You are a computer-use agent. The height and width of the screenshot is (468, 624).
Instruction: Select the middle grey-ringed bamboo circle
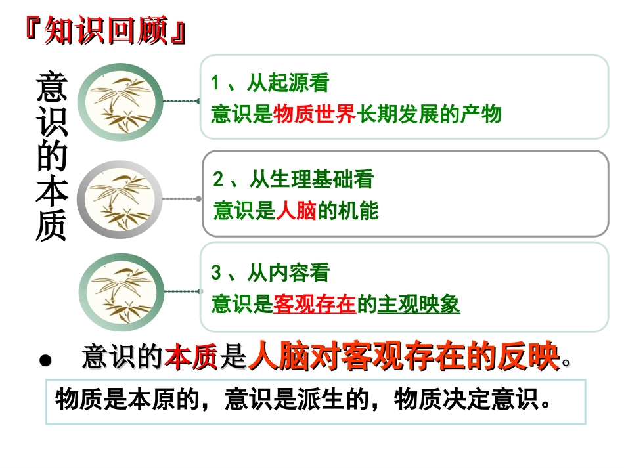click(119, 198)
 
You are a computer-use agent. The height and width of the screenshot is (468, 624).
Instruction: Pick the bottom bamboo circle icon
click(120, 291)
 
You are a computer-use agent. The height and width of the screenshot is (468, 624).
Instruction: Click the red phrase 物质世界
click(314, 114)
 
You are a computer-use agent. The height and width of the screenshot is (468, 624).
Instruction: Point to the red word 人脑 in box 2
click(297, 211)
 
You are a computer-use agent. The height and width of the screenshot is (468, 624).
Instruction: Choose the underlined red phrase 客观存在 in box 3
click(314, 305)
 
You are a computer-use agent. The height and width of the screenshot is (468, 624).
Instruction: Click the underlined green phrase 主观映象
click(419, 305)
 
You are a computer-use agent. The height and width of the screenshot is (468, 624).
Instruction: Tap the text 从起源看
click(288, 83)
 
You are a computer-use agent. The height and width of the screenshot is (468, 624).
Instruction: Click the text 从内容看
click(288, 273)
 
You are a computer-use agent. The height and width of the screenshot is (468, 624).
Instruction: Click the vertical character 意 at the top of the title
click(51, 86)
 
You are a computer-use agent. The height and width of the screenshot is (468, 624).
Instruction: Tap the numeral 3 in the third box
click(216, 274)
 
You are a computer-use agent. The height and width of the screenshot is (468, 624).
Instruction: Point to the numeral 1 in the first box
click(215, 84)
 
